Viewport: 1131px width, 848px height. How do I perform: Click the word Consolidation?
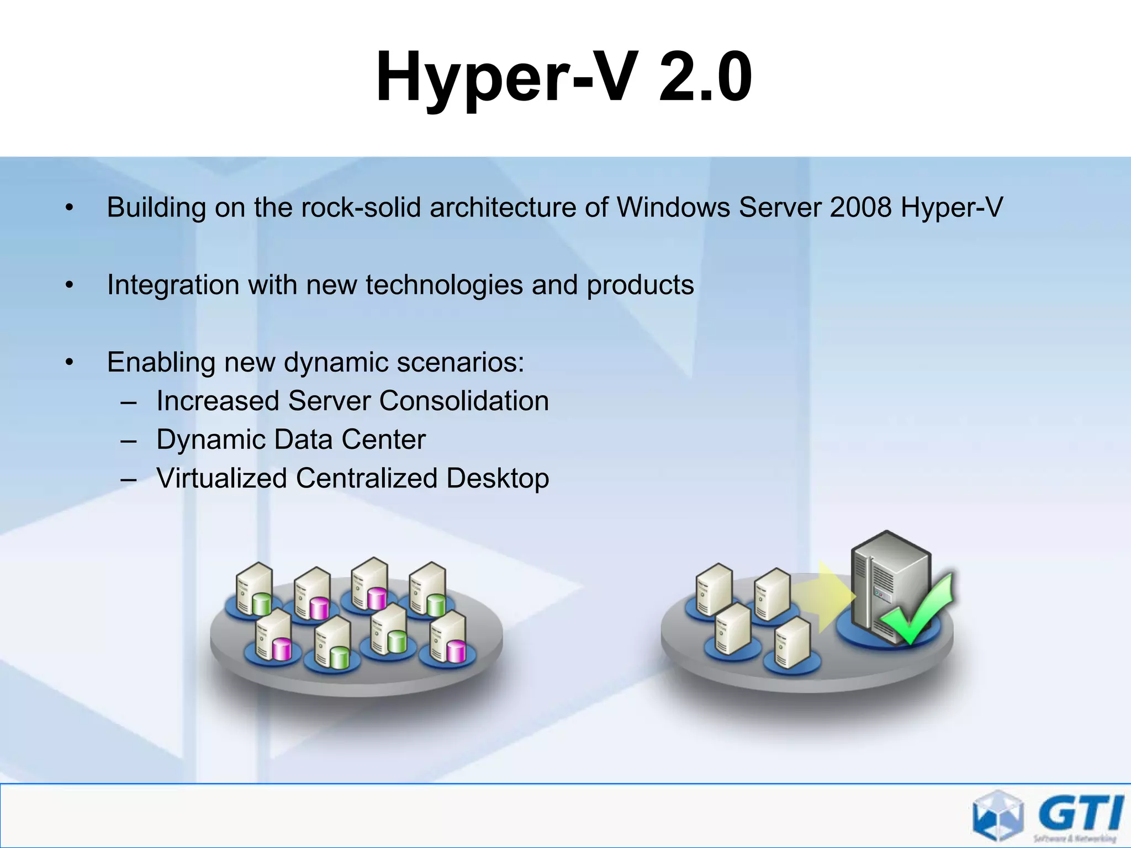pyautogui.click(x=464, y=401)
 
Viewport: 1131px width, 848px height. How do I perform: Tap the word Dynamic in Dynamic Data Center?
pyautogui.click(x=211, y=440)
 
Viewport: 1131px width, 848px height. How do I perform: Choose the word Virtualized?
pyautogui.click(x=221, y=478)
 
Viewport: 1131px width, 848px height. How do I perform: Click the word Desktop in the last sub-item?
pyautogui.click(x=498, y=479)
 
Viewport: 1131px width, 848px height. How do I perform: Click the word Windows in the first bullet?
pyautogui.click(x=673, y=208)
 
